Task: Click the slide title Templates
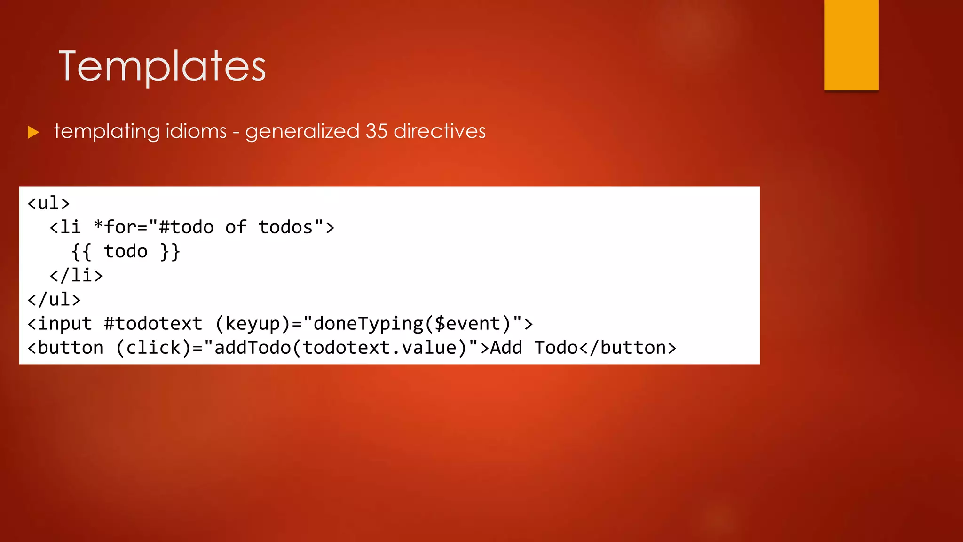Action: (x=162, y=67)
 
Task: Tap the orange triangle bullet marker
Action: (x=33, y=132)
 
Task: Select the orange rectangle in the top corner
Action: (x=851, y=45)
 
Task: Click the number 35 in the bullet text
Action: (x=376, y=131)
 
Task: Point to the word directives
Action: (x=440, y=131)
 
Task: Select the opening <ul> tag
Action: (x=48, y=203)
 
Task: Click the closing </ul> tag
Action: (x=54, y=300)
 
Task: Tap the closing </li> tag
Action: (x=76, y=275)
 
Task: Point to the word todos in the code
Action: (x=285, y=227)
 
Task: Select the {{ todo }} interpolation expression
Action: (x=126, y=252)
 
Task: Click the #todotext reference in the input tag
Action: (x=153, y=324)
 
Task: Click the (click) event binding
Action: (x=153, y=348)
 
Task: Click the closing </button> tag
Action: (x=628, y=348)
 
